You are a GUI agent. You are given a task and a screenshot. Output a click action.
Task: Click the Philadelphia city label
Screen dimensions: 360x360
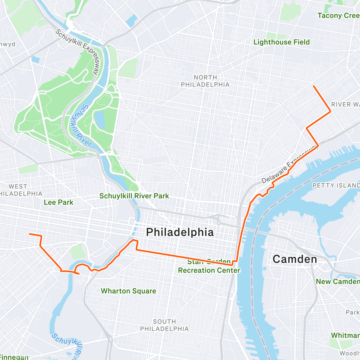(180, 232)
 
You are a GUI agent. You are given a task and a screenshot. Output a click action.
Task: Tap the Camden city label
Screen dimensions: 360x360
(295, 259)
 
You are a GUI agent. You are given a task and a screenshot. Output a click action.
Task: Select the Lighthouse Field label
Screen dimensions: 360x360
(281, 42)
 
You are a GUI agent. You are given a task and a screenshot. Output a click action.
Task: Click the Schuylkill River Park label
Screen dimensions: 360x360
(134, 196)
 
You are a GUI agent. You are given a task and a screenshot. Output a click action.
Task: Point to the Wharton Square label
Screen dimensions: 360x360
(128, 291)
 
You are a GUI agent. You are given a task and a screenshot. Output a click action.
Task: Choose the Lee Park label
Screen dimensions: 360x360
(58, 202)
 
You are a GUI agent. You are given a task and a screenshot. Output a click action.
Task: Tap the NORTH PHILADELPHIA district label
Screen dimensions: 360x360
(205, 81)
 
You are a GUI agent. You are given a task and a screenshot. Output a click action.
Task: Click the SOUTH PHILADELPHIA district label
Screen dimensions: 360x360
(164, 325)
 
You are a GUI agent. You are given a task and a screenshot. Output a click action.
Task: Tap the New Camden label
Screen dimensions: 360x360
(337, 281)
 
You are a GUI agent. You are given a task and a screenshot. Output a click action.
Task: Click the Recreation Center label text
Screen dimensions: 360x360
(209, 270)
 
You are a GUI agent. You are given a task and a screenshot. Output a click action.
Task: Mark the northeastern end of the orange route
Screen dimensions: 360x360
(313, 86)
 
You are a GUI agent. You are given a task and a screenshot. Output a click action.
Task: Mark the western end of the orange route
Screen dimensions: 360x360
(29, 234)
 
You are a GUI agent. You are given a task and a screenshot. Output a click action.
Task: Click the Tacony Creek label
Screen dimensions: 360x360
(338, 16)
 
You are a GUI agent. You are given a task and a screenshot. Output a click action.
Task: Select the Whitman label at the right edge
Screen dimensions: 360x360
(345, 335)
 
